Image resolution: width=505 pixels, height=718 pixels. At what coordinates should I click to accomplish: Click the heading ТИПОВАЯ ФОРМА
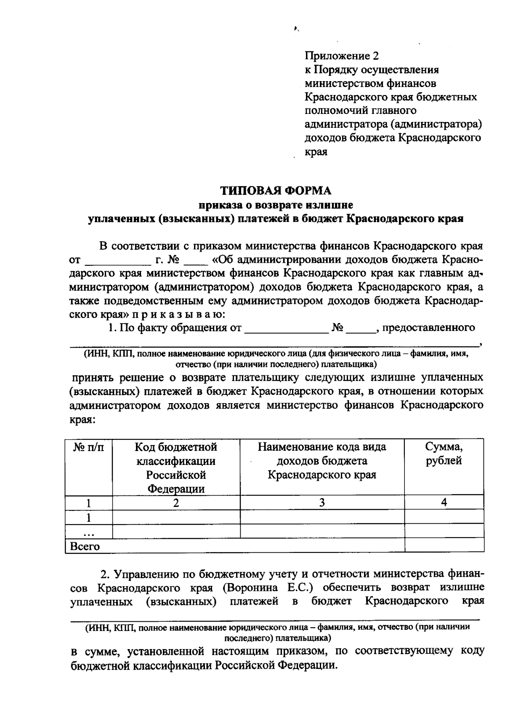(x=276, y=191)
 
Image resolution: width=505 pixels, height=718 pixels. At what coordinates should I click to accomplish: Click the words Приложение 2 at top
(x=342, y=56)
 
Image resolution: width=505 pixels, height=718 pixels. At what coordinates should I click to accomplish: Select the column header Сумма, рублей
(x=444, y=454)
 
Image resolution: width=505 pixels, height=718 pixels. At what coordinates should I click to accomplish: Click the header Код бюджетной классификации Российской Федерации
(x=176, y=467)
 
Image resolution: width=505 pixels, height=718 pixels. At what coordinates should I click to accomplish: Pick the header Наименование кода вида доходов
(x=322, y=460)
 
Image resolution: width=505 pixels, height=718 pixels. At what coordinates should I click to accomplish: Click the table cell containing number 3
(x=322, y=502)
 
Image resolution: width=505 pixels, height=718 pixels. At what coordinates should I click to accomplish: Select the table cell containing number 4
(x=444, y=502)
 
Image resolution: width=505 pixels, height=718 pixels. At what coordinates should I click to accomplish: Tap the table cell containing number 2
(x=176, y=502)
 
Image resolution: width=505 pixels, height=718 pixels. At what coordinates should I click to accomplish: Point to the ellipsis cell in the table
(x=88, y=532)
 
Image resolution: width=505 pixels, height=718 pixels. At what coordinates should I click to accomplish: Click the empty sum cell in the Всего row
(x=444, y=545)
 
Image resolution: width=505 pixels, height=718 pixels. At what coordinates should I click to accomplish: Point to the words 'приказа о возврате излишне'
(x=276, y=205)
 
